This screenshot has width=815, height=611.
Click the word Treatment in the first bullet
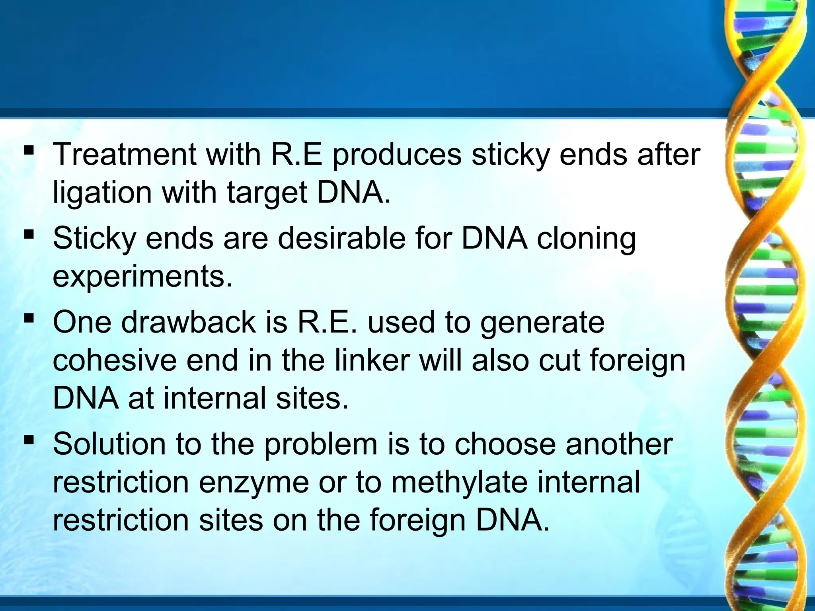click(x=124, y=154)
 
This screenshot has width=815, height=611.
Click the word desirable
click(x=341, y=239)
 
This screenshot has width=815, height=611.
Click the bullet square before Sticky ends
click(x=29, y=234)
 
